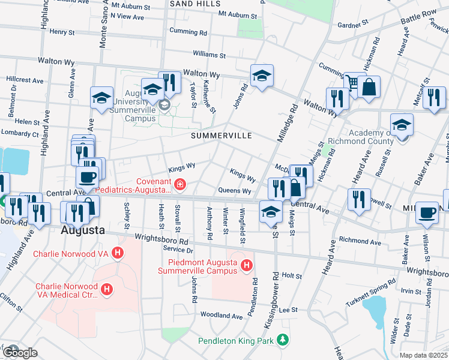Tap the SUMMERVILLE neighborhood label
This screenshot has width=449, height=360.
[221, 136]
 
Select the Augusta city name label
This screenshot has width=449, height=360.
[83, 230]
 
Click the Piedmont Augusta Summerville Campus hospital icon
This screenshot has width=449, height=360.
[246, 265]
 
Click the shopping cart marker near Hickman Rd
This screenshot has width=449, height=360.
[352, 82]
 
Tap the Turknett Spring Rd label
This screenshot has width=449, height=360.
[370, 292]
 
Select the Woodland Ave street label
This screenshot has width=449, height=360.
[221, 315]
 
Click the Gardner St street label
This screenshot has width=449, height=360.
[352, 25]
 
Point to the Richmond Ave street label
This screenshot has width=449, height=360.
[360, 242]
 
